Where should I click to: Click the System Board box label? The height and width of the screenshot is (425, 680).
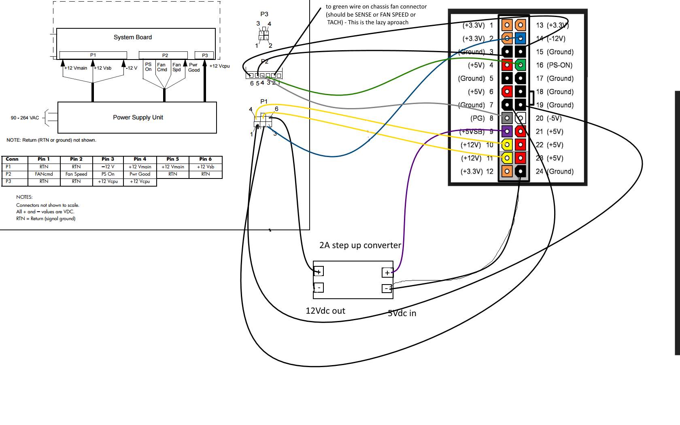tap(133, 37)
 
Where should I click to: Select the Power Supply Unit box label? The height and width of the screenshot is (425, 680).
tap(138, 117)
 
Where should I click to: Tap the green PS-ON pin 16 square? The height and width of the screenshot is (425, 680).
tap(521, 65)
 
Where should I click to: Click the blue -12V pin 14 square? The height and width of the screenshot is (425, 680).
tap(521, 38)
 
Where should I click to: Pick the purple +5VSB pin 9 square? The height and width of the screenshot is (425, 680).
tap(507, 132)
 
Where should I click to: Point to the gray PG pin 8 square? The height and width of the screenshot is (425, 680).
tap(507, 118)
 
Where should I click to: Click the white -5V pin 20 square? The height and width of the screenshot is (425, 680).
tap(521, 118)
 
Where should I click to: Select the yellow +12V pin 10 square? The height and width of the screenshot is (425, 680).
tap(507, 145)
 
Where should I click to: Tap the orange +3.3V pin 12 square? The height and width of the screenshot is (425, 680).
tap(507, 172)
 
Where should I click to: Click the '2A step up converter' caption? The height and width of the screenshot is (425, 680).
tap(360, 245)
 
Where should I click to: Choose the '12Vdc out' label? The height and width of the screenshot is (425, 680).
tap(325, 311)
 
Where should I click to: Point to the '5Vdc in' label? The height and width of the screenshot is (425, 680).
tap(402, 313)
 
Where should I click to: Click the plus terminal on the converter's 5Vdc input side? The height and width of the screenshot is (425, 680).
tap(387, 273)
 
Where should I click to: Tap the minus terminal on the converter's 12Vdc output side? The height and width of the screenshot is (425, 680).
tap(319, 287)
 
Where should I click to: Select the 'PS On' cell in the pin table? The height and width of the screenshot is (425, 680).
tap(108, 174)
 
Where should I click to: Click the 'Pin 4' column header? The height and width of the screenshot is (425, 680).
tap(140, 159)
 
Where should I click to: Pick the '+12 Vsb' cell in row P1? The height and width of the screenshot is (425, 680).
tap(206, 167)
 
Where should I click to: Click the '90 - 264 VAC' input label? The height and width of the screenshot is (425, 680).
tap(25, 118)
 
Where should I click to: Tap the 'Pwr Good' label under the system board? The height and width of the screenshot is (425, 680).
tap(193, 67)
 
